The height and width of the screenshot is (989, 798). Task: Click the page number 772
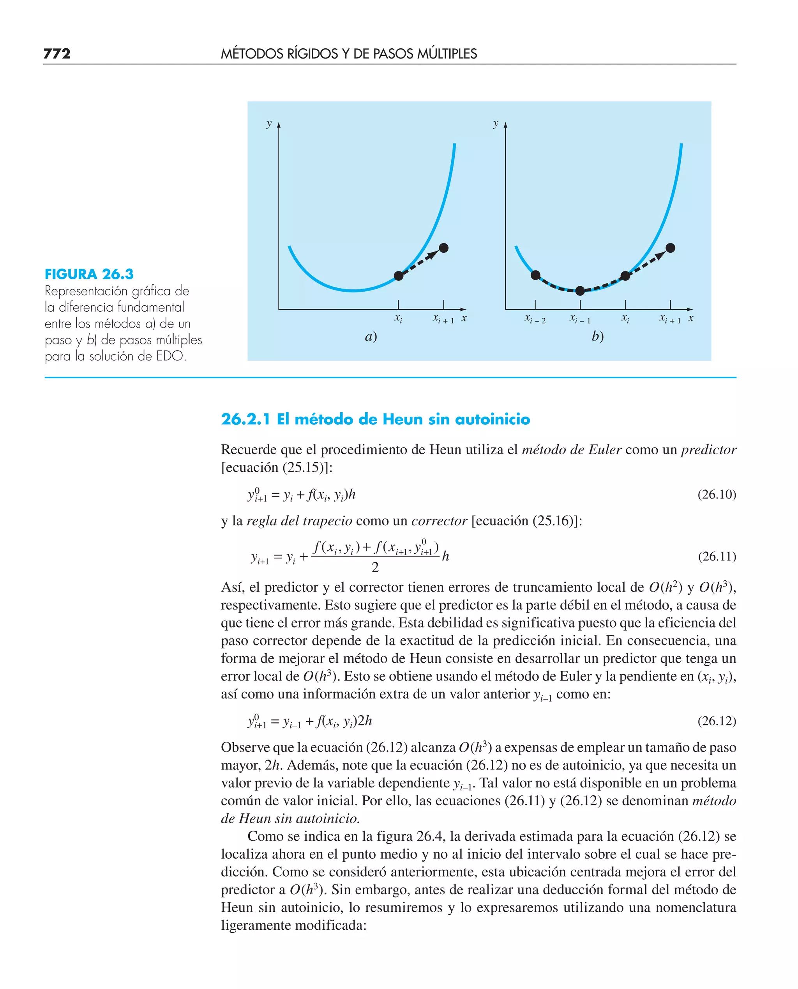57,54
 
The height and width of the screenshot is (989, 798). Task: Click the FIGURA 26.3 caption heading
89,274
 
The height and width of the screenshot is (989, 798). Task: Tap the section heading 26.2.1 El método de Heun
375,419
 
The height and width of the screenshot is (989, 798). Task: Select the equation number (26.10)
717,494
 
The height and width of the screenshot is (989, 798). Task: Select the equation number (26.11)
717,557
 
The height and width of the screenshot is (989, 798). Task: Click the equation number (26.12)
717,721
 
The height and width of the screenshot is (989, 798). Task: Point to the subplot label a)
371,337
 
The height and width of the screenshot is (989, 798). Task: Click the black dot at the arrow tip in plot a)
443,248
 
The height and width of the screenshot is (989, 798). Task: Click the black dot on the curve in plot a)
399,276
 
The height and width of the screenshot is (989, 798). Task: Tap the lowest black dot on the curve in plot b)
580,291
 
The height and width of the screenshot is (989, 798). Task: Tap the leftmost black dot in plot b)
535,275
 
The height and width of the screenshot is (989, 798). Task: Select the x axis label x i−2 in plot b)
535,318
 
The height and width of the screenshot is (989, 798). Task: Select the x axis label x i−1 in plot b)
580,318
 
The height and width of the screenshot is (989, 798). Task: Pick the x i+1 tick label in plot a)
443,318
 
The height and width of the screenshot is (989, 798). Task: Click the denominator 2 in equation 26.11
375,568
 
